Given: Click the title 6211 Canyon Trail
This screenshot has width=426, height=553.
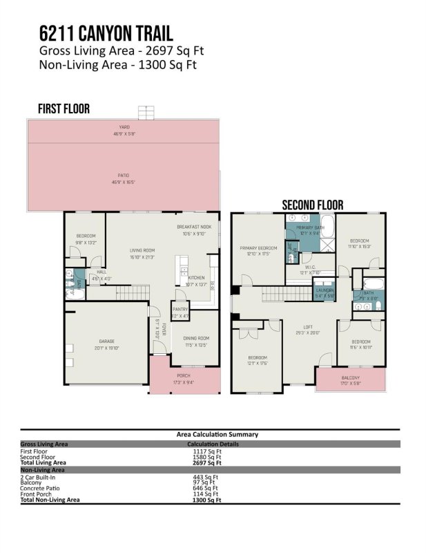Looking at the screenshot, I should [x=106, y=33].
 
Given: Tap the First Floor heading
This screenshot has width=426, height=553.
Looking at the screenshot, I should [x=64, y=109].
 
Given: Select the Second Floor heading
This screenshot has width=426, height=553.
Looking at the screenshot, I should [x=313, y=205].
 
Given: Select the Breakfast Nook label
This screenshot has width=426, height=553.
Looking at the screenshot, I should [x=193, y=227].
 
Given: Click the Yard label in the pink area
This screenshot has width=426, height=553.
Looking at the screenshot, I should [x=125, y=126].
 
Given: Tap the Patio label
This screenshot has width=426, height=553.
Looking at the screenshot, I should [x=124, y=175].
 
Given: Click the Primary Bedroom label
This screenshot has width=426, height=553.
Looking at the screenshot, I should [x=258, y=247].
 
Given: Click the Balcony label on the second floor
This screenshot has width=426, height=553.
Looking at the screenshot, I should [x=350, y=377].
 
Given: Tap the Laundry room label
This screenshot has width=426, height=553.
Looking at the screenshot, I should [x=325, y=290].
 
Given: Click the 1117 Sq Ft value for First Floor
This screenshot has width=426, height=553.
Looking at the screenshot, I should [x=207, y=450].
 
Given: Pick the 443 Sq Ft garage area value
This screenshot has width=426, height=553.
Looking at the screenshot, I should [x=207, y=476].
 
